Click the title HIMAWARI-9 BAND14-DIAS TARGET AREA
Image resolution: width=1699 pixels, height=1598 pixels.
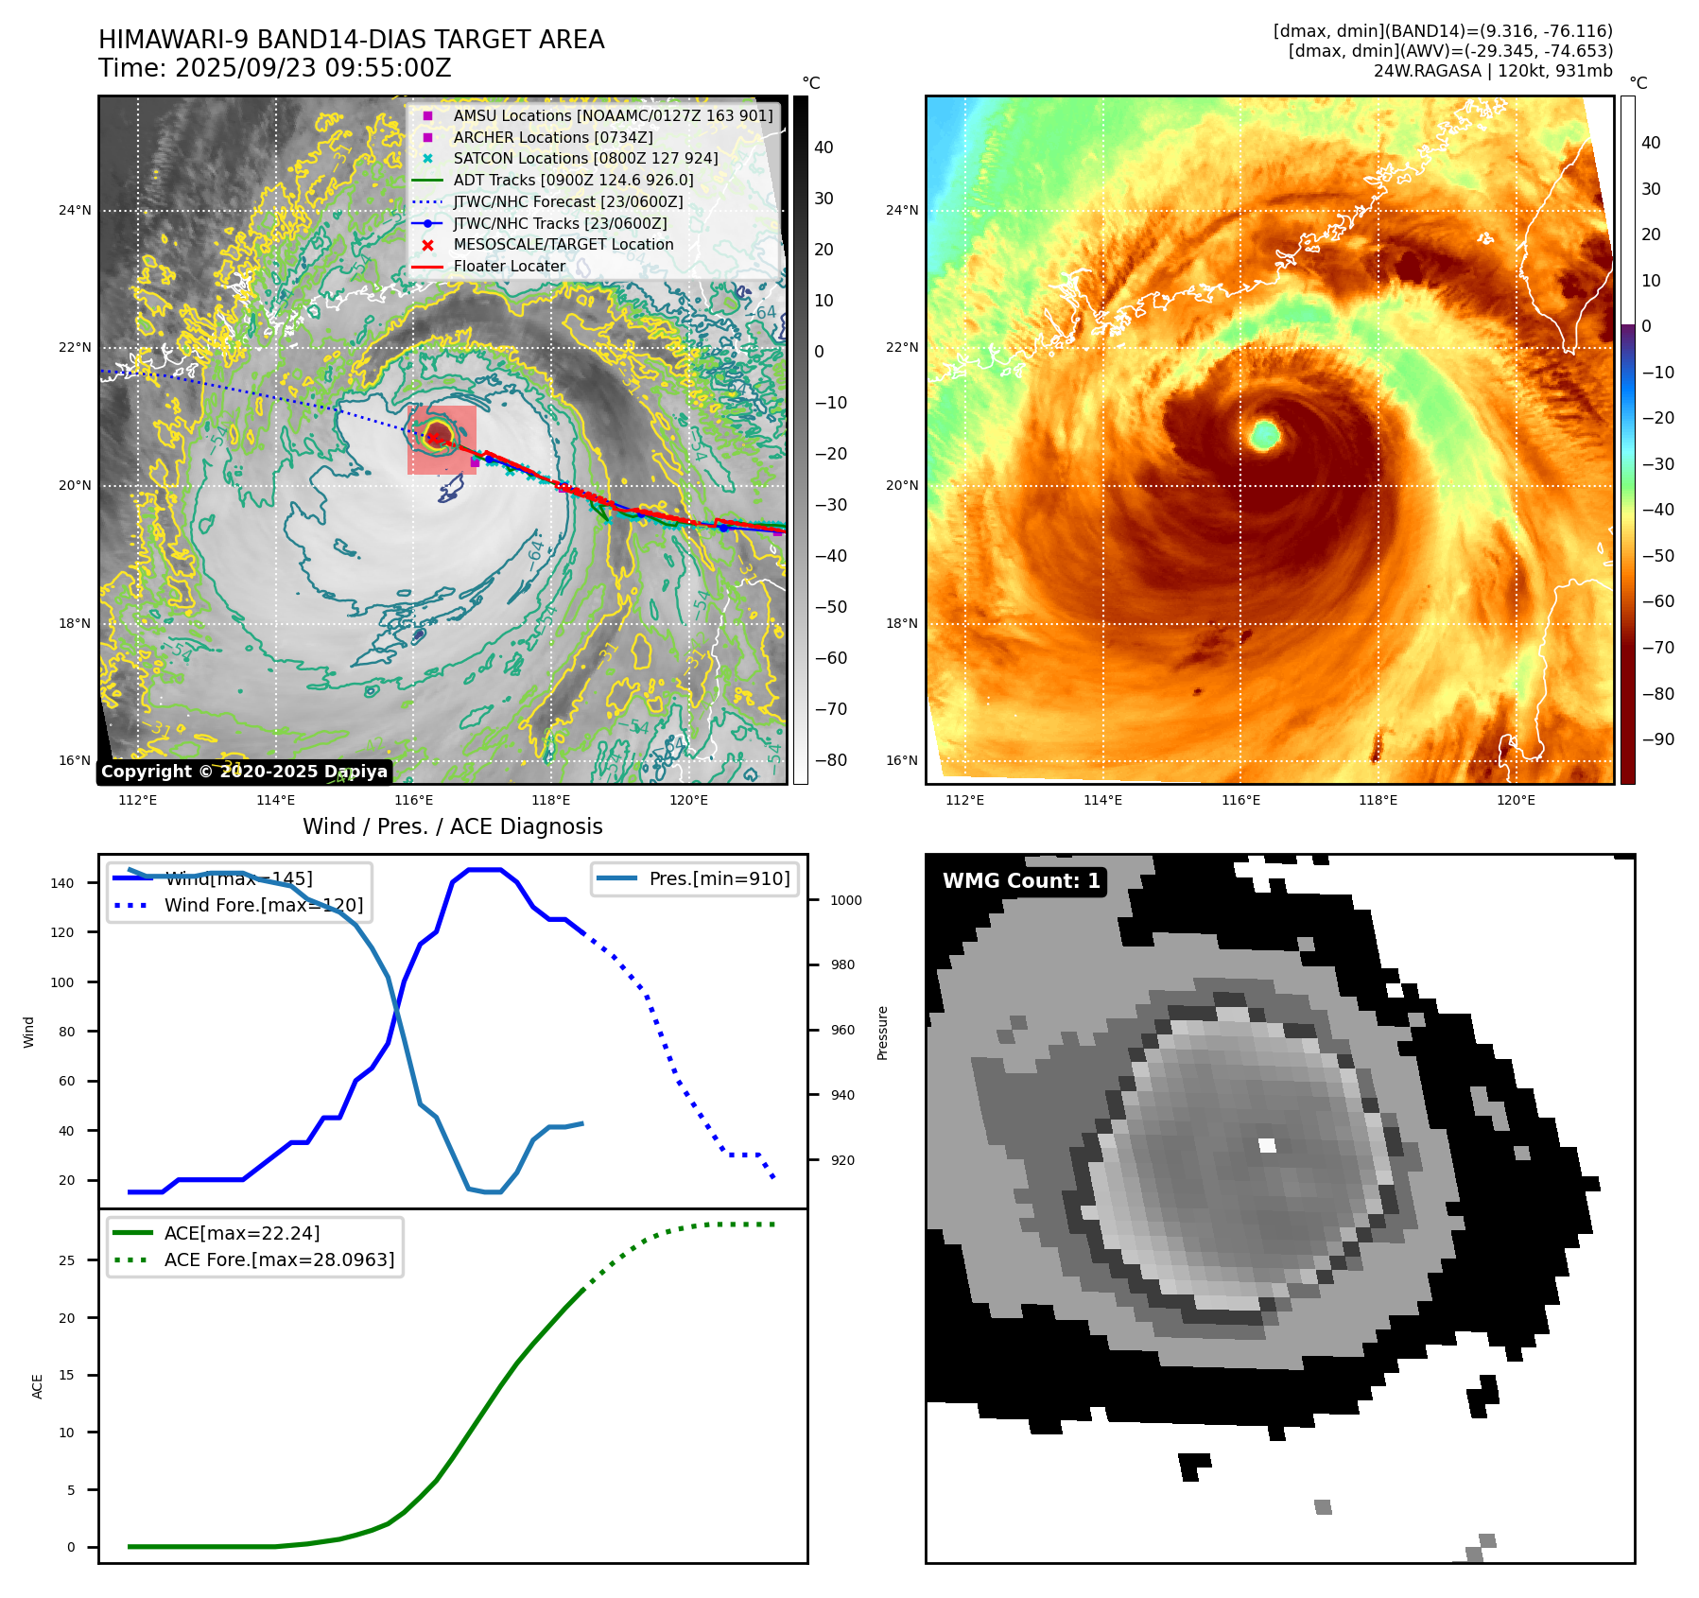[x=351, y=40]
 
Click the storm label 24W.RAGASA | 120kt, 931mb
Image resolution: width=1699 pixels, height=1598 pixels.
[x=1493, y=71]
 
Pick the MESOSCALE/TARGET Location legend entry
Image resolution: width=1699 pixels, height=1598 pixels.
[x=563, y=245]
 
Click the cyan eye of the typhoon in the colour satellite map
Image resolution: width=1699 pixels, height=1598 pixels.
[x=1265, y=435]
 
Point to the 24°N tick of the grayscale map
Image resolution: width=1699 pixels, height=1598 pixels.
[x=75, y=210]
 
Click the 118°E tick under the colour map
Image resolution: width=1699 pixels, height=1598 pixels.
[x=1378, y=801]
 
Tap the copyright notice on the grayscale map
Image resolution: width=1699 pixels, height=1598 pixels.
[x=244, y=772]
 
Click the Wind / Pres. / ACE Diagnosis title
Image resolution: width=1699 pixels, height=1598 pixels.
[x=452, y=826]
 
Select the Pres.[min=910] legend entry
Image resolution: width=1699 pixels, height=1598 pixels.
[x=719, y=878]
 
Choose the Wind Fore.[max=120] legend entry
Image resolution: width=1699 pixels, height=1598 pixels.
[x=263, y=905]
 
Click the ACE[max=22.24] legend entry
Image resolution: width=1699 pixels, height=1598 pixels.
[x=242, y=1233]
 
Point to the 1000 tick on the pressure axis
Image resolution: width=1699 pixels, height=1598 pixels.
[x=845, y=900]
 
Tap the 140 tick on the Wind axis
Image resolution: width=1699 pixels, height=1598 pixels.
[x=62, y=883]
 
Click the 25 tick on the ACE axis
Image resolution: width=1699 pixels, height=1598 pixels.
[x=66, y=1260]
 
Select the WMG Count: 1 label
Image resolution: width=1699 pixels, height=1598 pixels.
[x=1021, y=881]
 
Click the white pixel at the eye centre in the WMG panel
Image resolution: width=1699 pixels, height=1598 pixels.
[x=1267, y=1146]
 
